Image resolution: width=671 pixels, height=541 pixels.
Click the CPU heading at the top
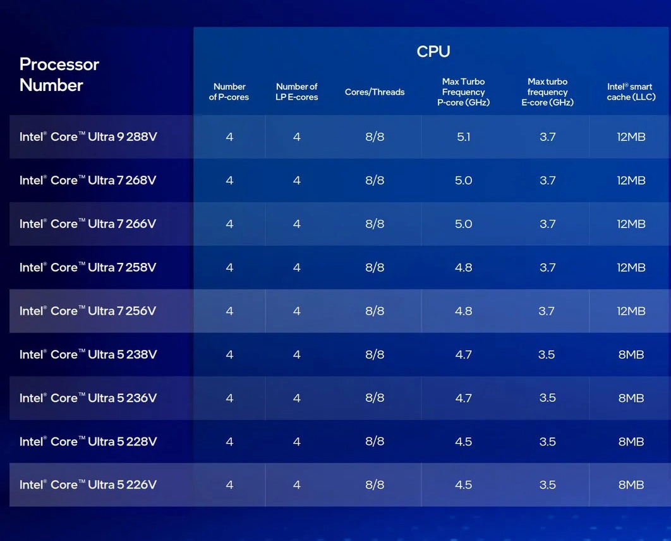point(433,52)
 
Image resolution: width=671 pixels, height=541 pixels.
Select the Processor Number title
point(59,75)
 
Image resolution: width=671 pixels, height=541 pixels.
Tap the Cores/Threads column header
point(375,92)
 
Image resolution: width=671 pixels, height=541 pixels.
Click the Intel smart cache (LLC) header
point(631,92)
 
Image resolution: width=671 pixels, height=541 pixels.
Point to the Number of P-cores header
point(229,92)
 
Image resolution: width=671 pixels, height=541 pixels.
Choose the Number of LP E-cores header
point(296,92)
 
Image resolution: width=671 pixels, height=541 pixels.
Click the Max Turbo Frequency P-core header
point(463,92)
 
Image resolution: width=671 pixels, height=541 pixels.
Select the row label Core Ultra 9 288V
point(88,137)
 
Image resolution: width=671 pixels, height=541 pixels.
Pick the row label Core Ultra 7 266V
point(88,224)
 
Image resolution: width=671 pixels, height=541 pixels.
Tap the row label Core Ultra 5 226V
point(88,485)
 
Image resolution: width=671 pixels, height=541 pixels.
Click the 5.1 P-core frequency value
point(463,137)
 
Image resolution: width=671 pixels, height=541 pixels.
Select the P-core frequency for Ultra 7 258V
point(463,267)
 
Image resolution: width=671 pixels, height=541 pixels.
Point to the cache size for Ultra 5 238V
point(631,355)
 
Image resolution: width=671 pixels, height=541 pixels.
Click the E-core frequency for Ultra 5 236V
point(547,398)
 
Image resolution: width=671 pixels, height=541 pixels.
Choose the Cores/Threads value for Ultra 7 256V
point(375,311)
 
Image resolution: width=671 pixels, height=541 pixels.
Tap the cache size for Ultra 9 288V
point(631,137)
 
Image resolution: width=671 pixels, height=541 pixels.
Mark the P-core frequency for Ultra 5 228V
point(463,442)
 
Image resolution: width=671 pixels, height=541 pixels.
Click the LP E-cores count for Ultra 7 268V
point(296,180)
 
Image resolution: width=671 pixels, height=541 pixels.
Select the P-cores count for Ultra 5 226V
point(229,485)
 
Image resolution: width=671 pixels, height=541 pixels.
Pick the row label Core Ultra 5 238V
point(88,355)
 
